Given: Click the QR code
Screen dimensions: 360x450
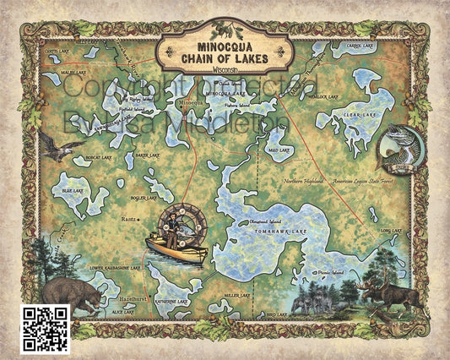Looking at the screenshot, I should [x=44, y=328].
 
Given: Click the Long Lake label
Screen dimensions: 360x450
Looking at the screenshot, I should [x=391, y=230].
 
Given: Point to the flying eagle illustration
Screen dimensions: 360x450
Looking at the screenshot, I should [x=55, y=149].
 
